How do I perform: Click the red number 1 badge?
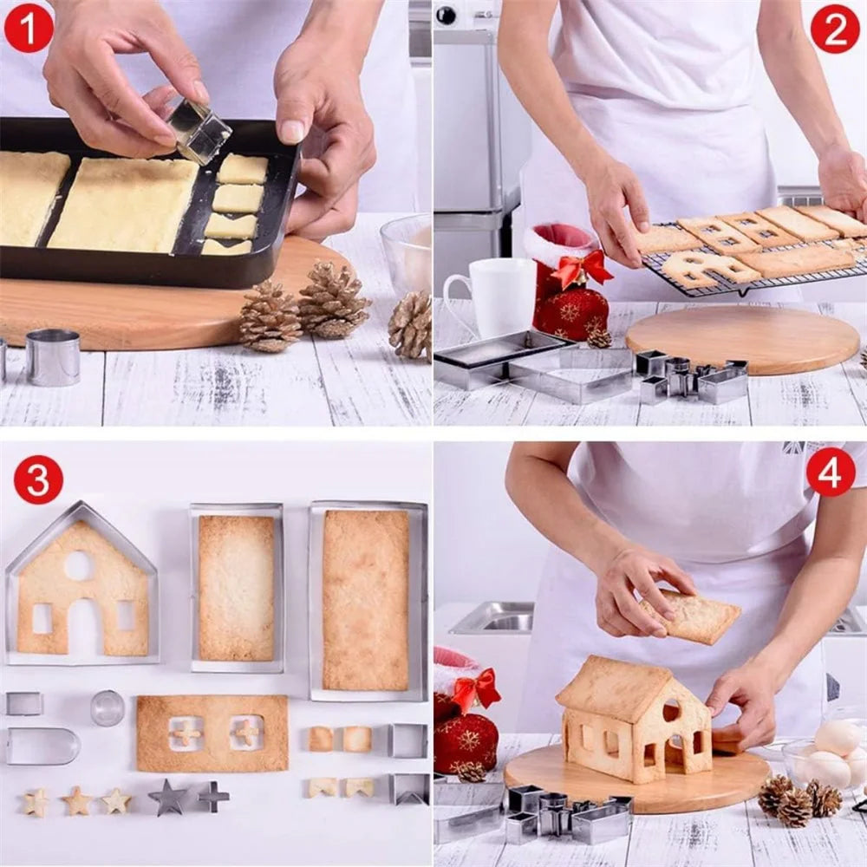tap(29, 28)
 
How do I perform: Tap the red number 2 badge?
tap(835, 28)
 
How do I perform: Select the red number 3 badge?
tap(38, 479)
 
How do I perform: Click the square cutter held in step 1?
tap(199, 132)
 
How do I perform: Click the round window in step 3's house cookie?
tap(78, 565)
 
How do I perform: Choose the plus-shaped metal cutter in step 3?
tap(212, 796)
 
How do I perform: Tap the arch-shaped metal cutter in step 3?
tap(42, 746)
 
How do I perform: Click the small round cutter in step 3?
tap(108, 707)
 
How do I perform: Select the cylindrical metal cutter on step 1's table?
tap(52, 356)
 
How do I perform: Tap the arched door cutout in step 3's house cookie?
tap(84, 626)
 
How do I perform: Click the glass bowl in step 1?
tap(407, 251)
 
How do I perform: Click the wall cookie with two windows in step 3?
tap(212, 733)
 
